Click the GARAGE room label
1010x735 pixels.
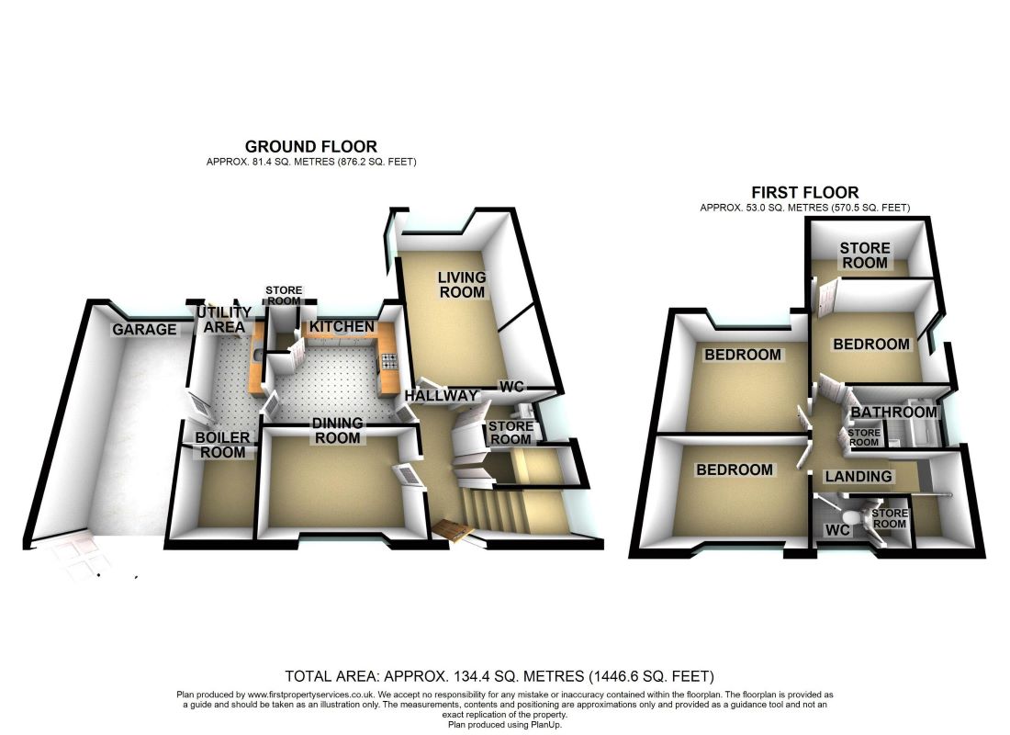(x=145, y=329)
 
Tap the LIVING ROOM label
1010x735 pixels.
(x=461, y=285)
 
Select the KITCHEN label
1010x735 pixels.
(x=342, y=327)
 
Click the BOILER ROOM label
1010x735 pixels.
(x=223, y=445)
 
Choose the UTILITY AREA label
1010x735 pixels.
(x=220, y=320)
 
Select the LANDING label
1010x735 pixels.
(x=858, y=476)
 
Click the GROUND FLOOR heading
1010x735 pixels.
(x=310, y=146)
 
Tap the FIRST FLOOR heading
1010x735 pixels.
(x=804, y=192)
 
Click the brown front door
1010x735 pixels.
(x=453, y=529)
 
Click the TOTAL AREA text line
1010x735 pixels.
(x=499, y=676)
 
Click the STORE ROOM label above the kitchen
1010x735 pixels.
(x=283, y=295)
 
